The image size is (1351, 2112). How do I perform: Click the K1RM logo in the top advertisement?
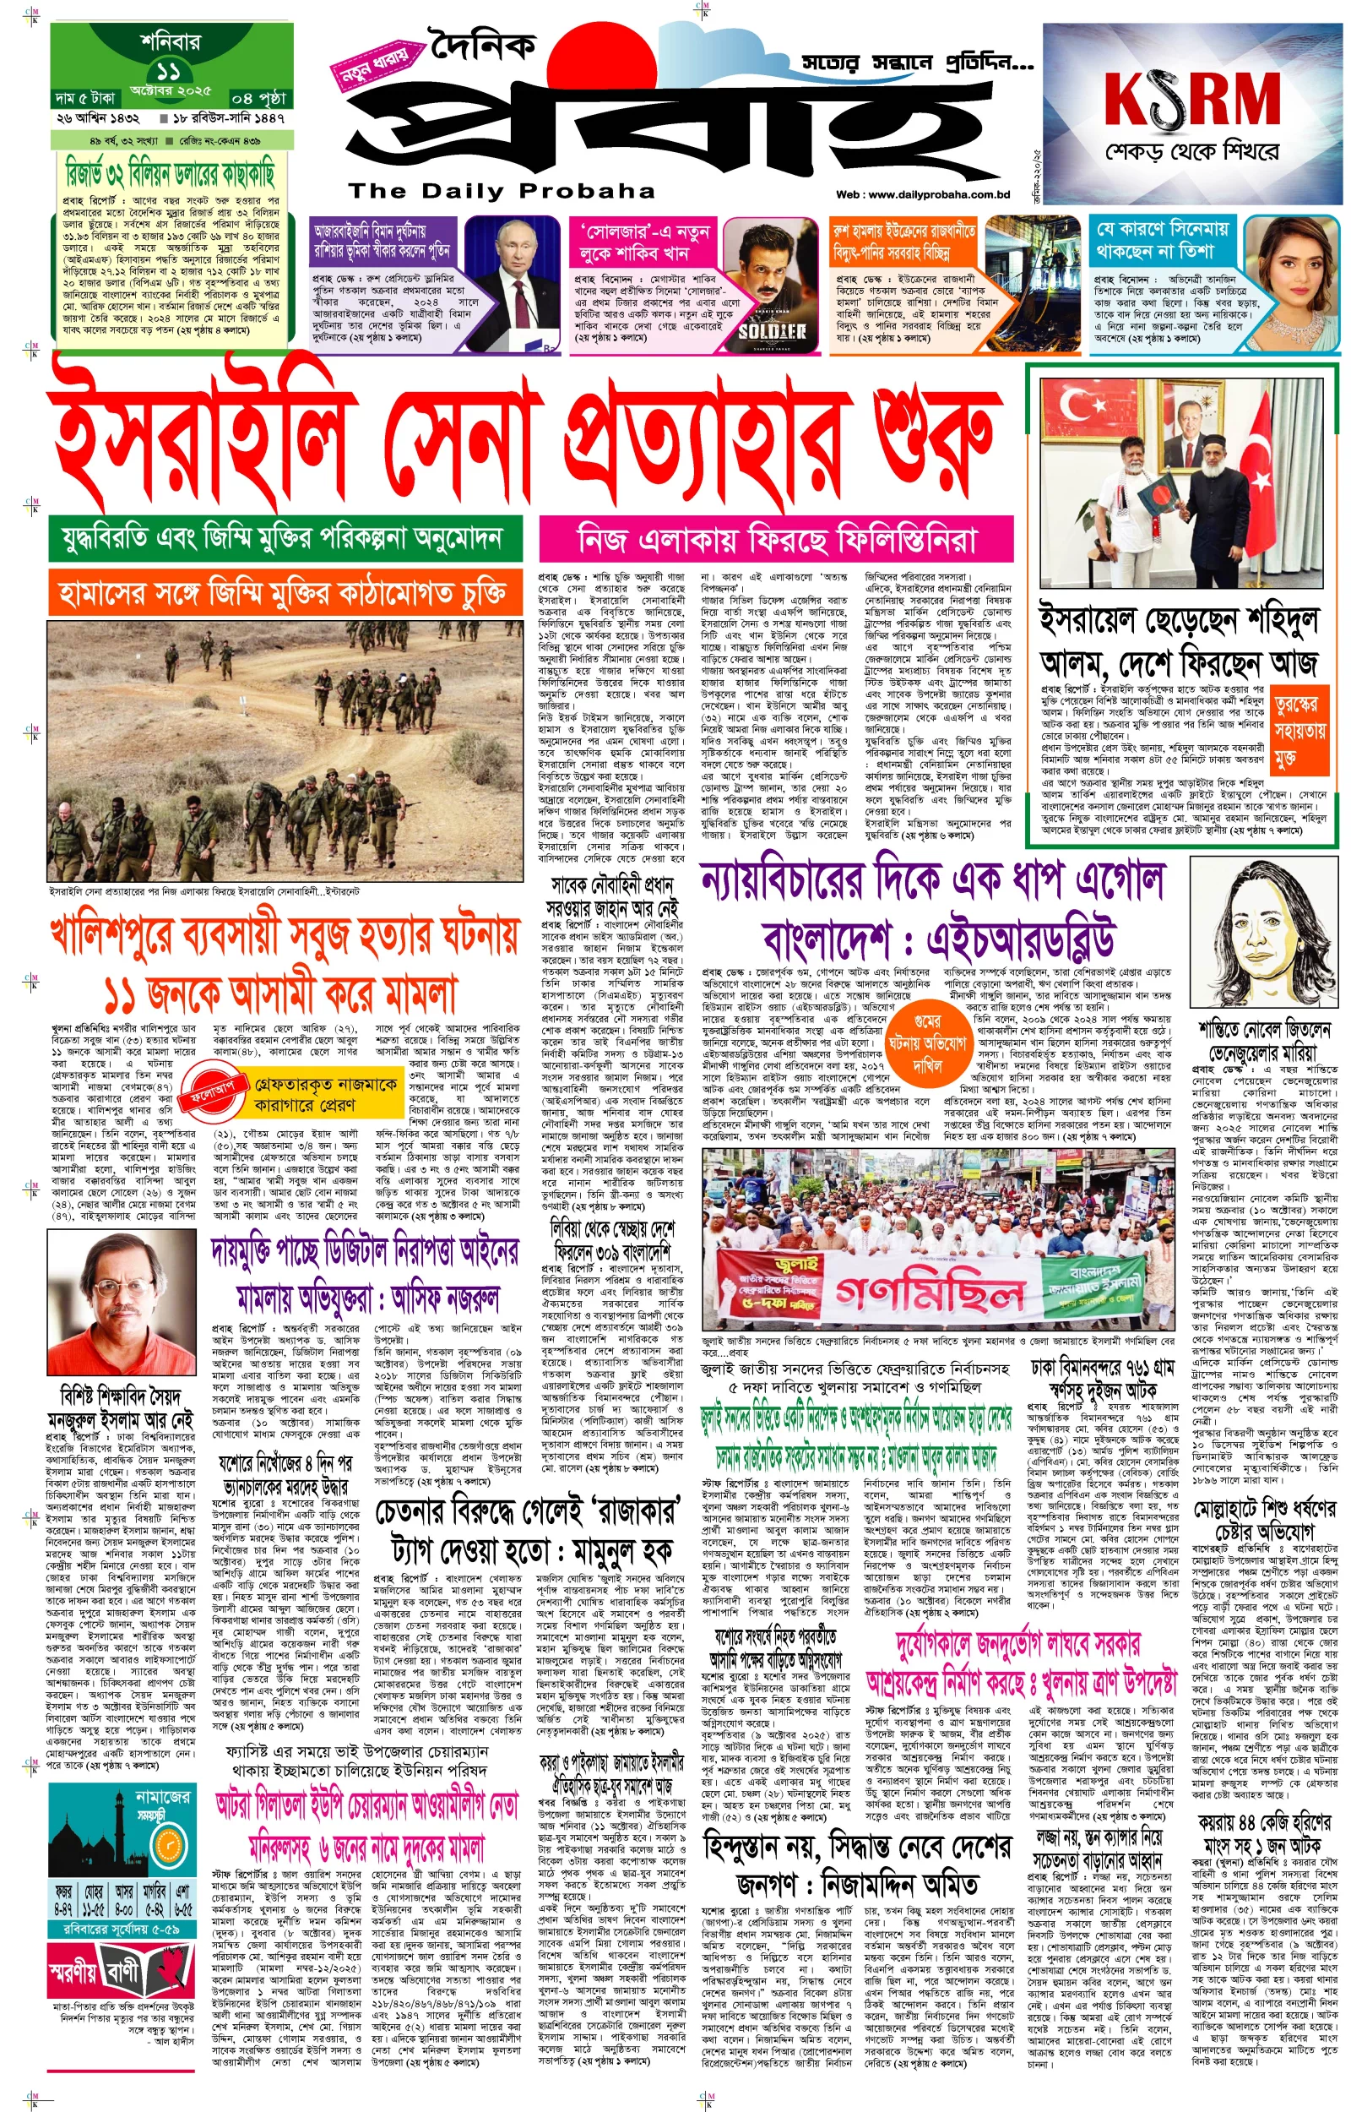tap(1192, 98)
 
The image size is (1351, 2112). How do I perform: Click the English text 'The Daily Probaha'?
tap(501, 190)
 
